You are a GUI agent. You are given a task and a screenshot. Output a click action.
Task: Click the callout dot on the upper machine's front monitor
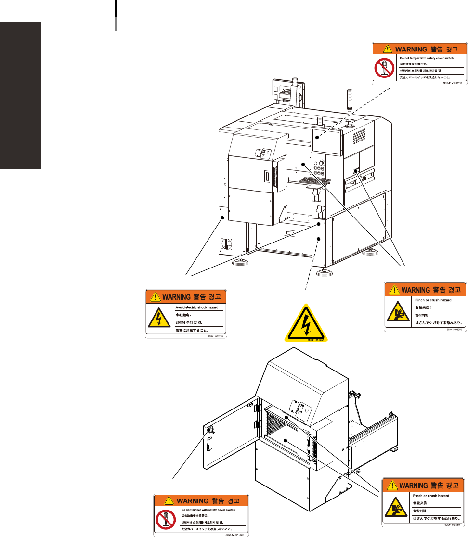317,138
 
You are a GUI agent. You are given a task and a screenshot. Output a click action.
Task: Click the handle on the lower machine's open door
208,444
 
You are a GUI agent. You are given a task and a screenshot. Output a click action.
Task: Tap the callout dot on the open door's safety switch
209,430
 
